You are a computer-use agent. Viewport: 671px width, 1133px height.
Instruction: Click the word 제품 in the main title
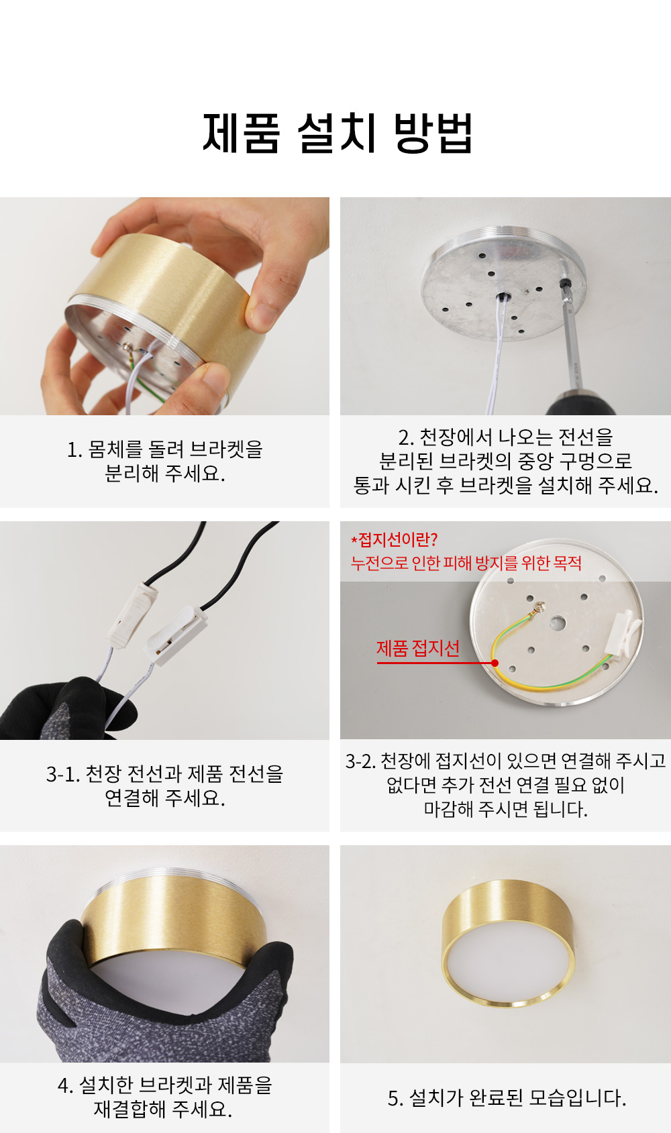pyautogui.click(x=241, y=133)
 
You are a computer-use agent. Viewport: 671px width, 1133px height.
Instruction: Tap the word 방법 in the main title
pyautogui.click(x=433, y=133)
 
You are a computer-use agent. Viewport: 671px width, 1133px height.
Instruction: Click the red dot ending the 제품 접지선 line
pyautogui.click(x=495, y=663)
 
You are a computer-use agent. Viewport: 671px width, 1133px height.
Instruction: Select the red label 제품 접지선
pyautogui.click(x=418, y=648)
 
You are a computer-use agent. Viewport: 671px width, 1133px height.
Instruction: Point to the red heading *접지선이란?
pyautogui.click(x=394, y=540)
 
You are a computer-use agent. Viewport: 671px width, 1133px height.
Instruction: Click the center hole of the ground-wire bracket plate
pyautogui.click(x=558, y=623)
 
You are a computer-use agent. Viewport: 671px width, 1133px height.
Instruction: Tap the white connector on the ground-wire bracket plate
pyautogui.click(x=625, y=633)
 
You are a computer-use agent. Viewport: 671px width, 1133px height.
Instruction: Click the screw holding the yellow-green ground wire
pyautogui.click(x=540, y=606)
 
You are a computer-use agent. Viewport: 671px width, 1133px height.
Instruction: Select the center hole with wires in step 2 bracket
pyautogui.click(x=503, y=297)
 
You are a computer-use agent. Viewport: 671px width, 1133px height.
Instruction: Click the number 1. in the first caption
pyautogui.click(x=74, y=449)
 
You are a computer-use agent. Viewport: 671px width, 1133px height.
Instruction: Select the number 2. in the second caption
pyautogui.click(x=406, y=437)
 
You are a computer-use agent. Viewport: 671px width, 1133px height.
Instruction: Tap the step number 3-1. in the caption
pyautogui.click(x=63, y=774)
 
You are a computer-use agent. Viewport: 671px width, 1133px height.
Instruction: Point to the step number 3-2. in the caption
pyautogui.click(x=360, y=761)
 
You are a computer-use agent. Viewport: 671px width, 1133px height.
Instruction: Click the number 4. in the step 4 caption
pyautogui.click(x=65, y=1085)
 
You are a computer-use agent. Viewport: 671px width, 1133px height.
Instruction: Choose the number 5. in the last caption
pyautogui.click(x=396, y=1098)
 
